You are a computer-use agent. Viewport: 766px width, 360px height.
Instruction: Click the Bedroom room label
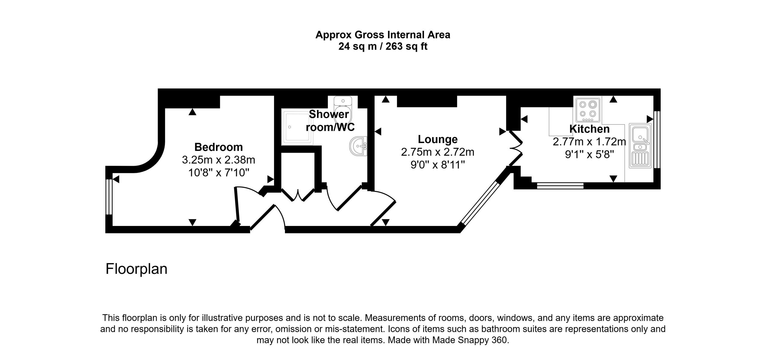pyautogui.click(x=218, y=147)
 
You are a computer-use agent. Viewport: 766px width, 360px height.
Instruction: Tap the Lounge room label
pyautogui.click(x=437, y=139)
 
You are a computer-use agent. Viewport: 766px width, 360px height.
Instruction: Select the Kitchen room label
pyautogui.click(x=589, y=129)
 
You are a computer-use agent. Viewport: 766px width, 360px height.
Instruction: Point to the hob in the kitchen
pyautogui.click(x=588, y=110)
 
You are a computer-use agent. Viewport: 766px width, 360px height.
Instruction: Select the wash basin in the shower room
pyautogui.click(x=358, y=146)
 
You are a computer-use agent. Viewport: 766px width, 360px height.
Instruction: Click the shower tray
pyautogui.click(x=297, y=127)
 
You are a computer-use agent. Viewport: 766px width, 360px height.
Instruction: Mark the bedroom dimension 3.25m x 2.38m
pyautogui.click(x=218, y=160)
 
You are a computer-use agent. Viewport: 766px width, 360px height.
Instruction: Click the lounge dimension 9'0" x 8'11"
pyautogui.click(x=437, y=165)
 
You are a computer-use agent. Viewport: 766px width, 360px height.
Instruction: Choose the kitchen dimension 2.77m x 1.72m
pyautogui.click(x=589, y=142)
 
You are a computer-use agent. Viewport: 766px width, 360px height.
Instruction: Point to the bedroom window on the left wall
pyautogui.click(x=109, y=197)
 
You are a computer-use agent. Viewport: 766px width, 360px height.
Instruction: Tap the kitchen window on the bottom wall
pyautogui.click(x=560, y=186)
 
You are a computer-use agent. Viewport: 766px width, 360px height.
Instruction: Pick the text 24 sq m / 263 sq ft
pyautogui.click(x=383, y=47)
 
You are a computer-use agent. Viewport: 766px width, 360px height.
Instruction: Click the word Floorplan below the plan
pyautogui.click(x=136, y=269)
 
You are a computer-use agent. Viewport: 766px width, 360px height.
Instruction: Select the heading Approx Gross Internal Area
pyautogui.click(x=383, y=35)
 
